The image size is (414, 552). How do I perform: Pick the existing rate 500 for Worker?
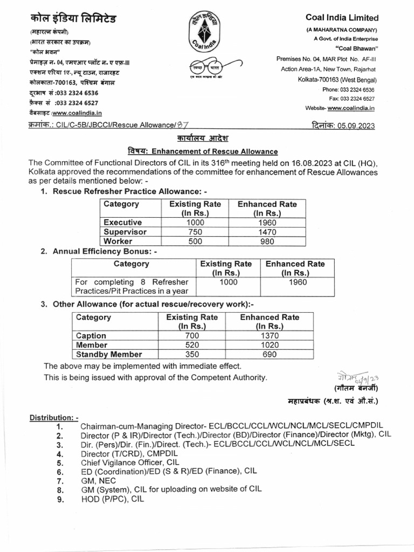tap(195, 241)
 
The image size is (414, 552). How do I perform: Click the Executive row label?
tap(122, 222)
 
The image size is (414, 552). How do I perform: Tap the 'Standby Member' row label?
tap(109, 354)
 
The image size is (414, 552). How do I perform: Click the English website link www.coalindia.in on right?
tap(351, 108)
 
